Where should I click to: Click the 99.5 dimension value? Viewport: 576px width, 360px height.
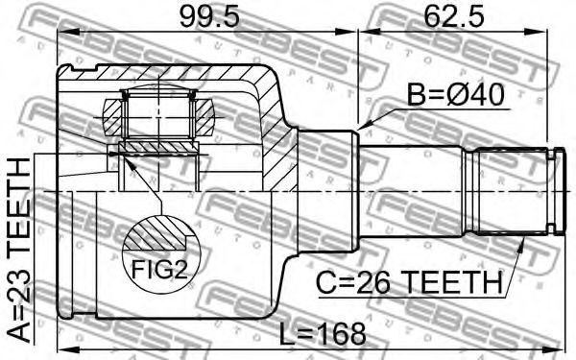click(x=208, y=17)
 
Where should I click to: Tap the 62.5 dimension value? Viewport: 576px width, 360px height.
click(x=453, y=17)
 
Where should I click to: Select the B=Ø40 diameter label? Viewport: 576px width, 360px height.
click(x=455, y=95)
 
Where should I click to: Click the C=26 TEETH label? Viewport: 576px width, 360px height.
click(x=409, y=282)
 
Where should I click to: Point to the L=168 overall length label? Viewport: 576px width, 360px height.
click(x=323, y=334)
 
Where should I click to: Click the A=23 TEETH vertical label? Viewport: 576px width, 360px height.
click(x=19, y=250)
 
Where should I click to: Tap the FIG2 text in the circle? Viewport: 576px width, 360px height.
click(x=159, y=269)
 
